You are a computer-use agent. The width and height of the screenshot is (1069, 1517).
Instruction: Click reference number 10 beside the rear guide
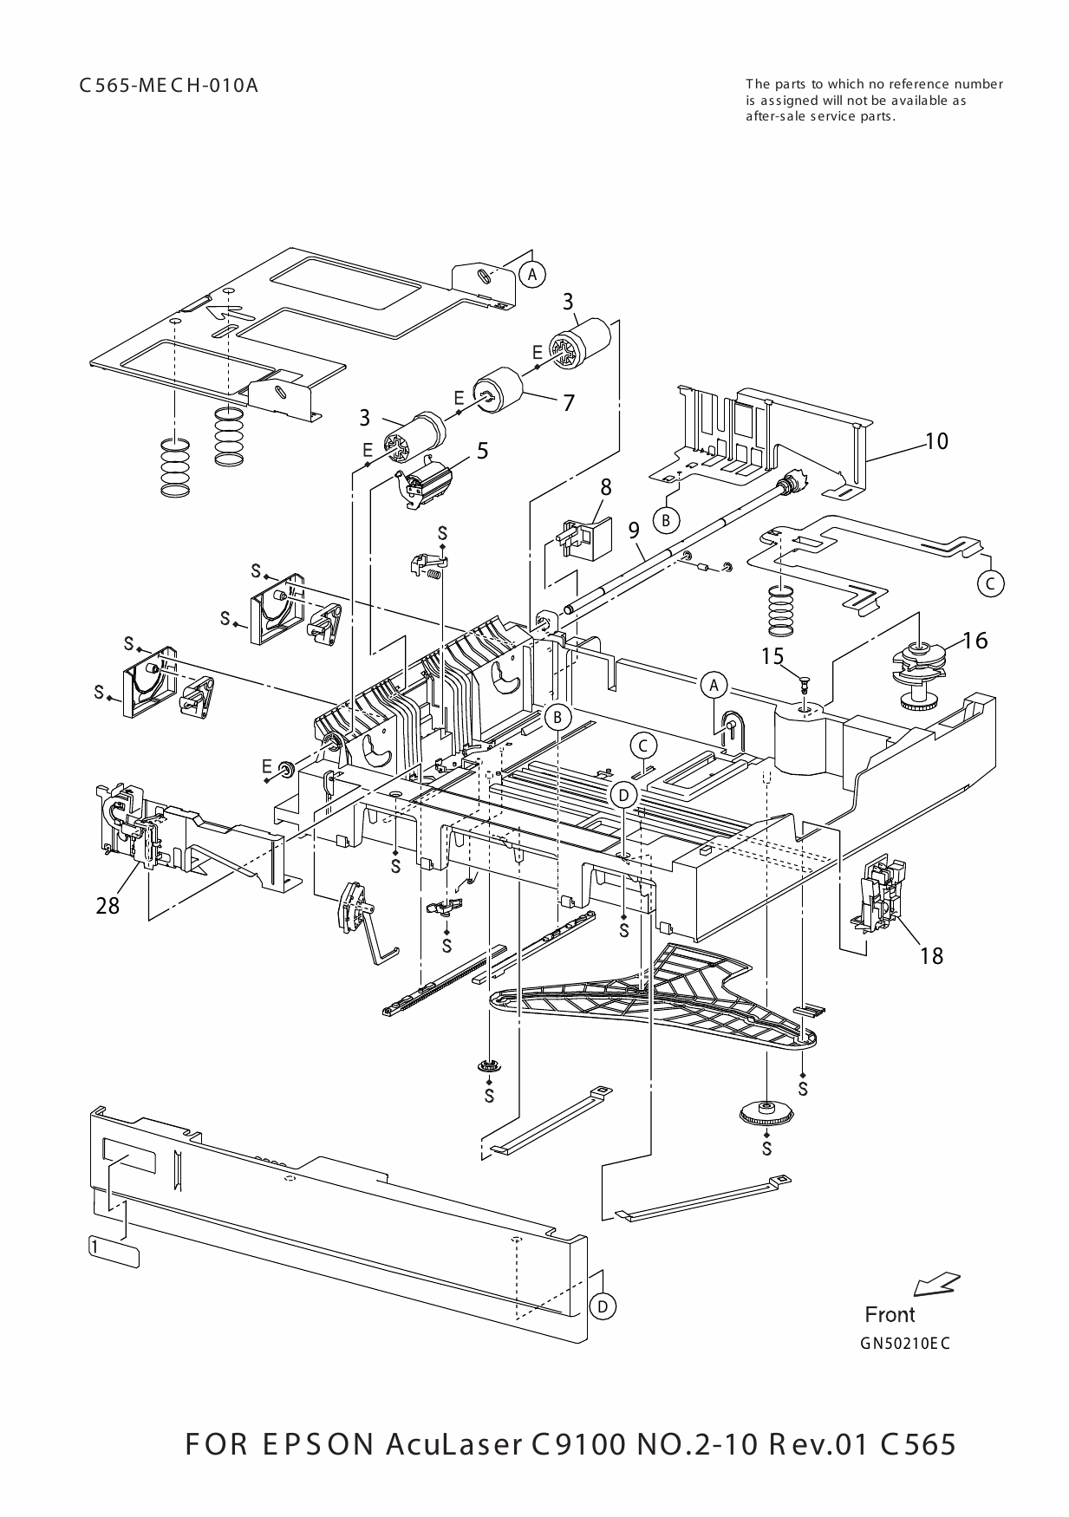936,440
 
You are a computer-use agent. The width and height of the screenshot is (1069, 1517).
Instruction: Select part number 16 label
974,640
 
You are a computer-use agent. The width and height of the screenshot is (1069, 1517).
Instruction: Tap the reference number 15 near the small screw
772,656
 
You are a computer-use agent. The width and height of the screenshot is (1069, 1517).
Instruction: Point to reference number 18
931,955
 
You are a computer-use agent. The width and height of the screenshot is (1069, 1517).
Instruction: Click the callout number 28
108,906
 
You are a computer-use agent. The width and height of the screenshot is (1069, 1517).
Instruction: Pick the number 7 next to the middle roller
569,402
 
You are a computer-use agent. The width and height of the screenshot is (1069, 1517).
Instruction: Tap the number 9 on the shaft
635,529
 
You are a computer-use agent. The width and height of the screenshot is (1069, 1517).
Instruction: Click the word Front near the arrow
890,1315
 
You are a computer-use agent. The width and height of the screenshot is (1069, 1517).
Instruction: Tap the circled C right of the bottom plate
990,583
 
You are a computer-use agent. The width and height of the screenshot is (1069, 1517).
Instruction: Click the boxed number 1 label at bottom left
94,1246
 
